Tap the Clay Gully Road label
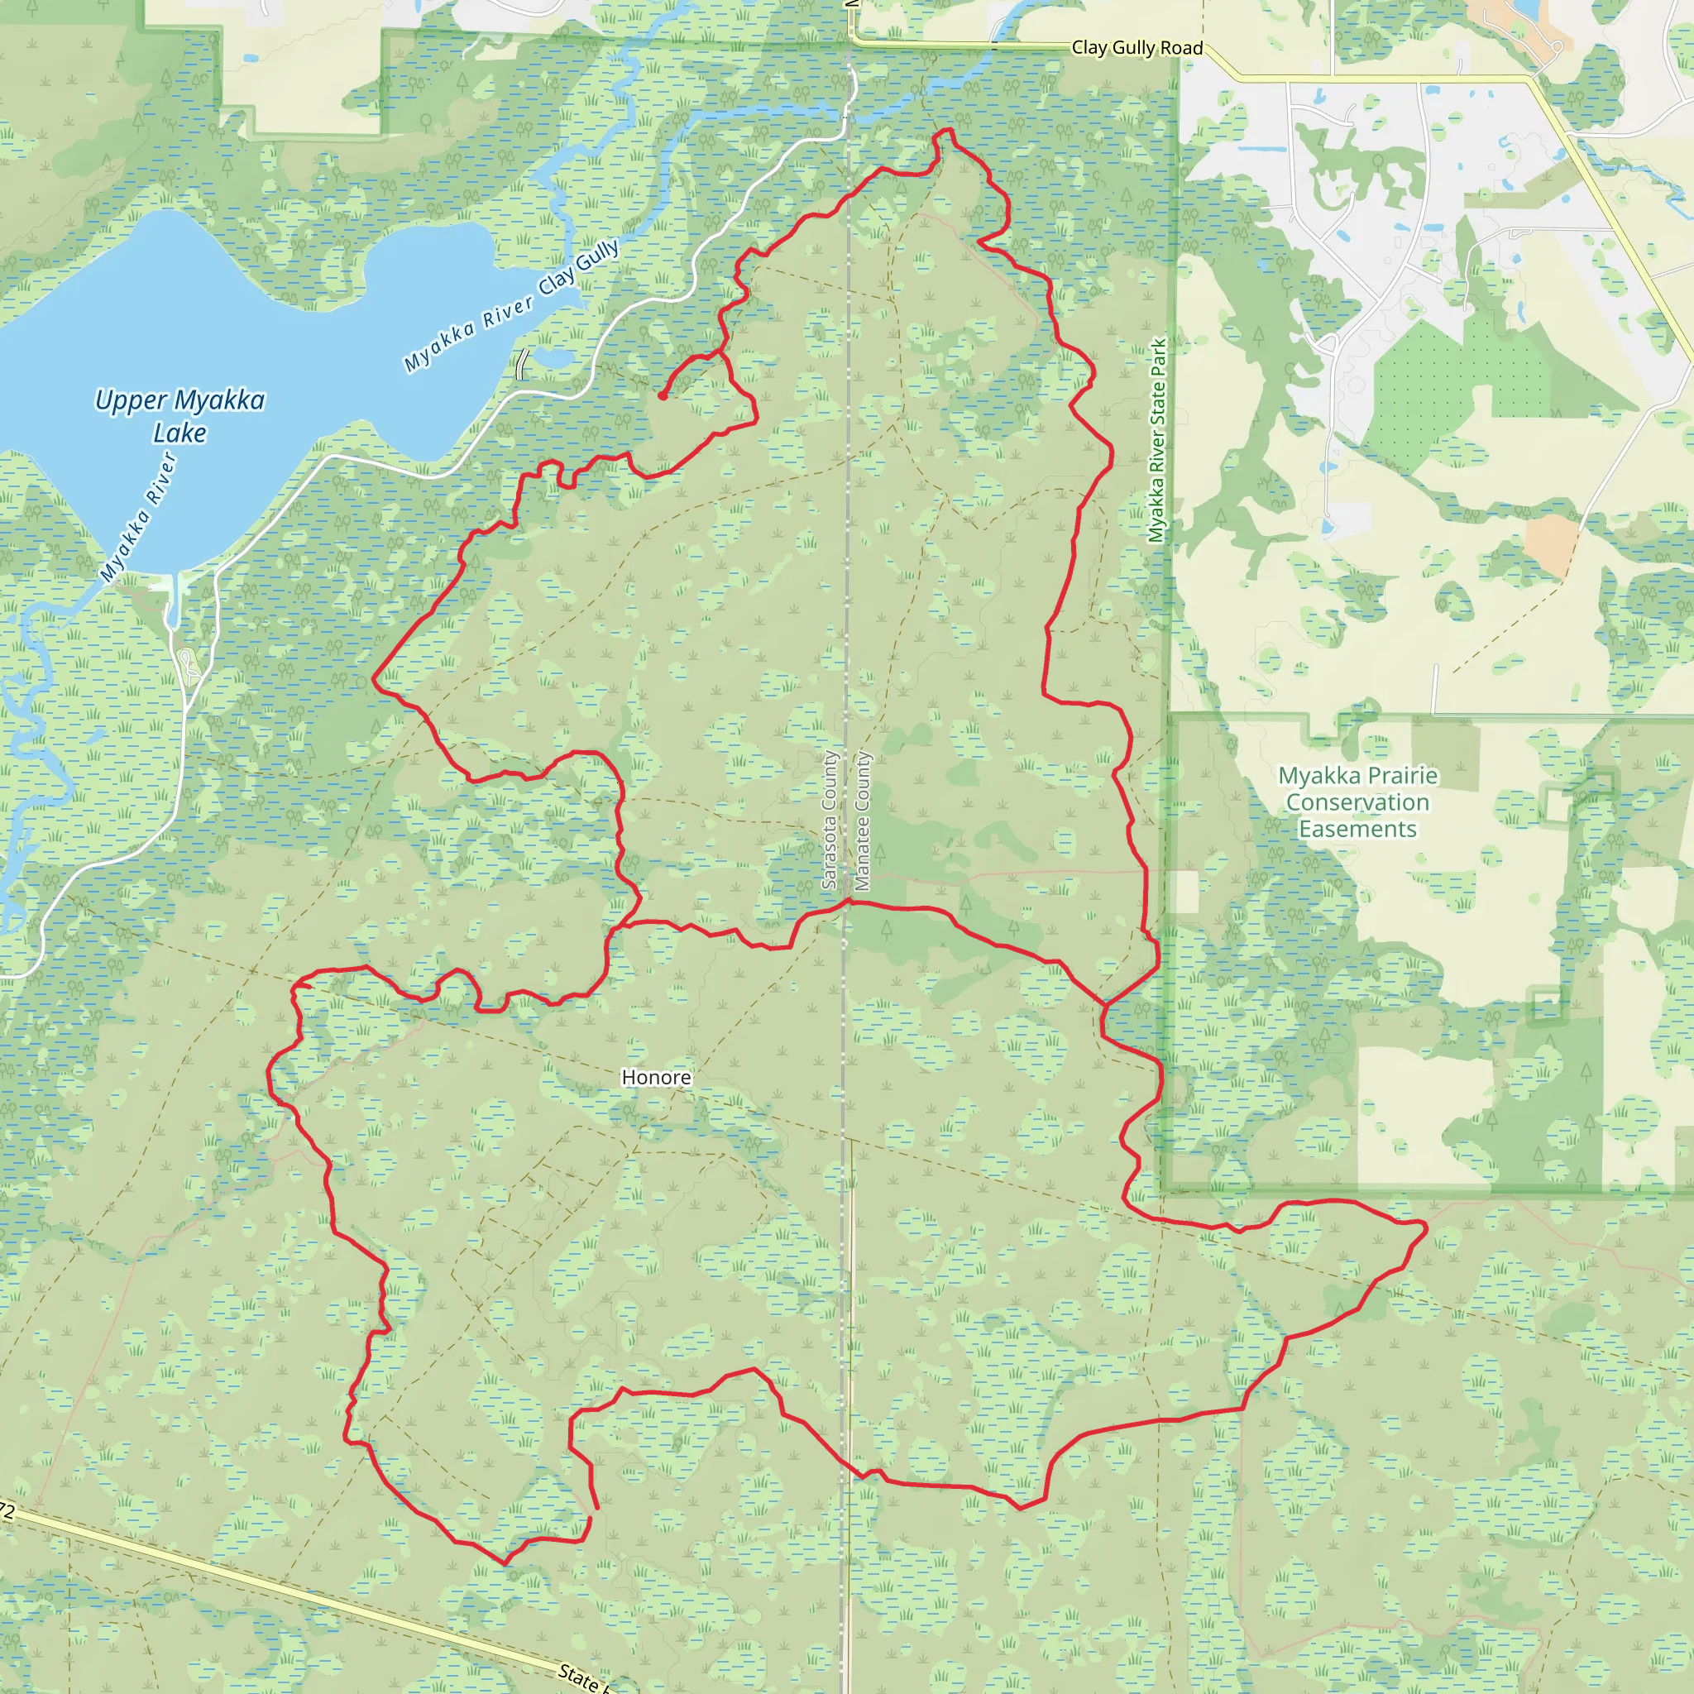click(1137, 48)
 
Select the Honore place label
click(656, 1077)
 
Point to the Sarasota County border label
click(830, 820)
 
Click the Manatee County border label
click(863, 820)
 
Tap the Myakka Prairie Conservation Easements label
click(1357, 802)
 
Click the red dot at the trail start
click(662, 395)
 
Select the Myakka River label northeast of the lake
click(468, 334)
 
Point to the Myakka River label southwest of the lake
click(138, 517)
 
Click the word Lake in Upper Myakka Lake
click(179, 433)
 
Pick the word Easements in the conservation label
click(1357, 829)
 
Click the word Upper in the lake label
click(130, 400)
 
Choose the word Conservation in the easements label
click(1357, 802)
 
